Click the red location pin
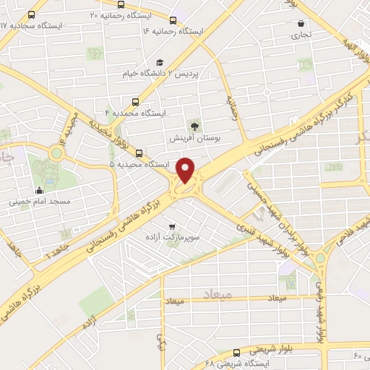point(186,170)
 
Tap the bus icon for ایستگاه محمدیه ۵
point(139,153)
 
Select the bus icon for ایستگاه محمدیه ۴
point(135,102)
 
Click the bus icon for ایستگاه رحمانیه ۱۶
point(173,20)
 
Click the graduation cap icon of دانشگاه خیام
point(159,63)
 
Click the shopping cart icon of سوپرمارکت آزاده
point(171,225)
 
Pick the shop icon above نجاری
point(300,23)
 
